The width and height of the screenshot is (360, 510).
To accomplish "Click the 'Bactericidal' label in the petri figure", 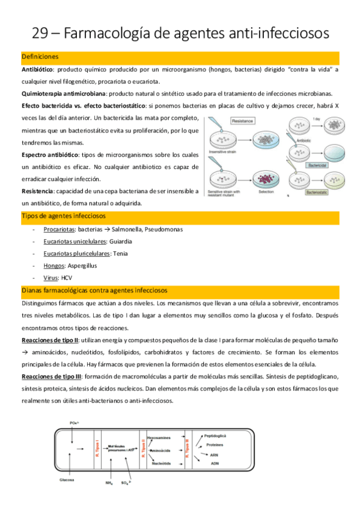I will (x=317, y=164).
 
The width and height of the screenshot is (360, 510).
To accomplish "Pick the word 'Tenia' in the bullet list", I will (x=120, y=253).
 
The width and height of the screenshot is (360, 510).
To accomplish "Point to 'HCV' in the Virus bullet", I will (x=67, y=277).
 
